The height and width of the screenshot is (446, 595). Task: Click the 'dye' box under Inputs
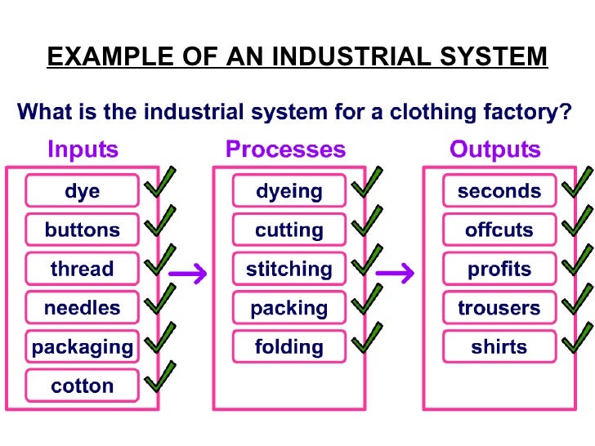pyautogui.click(x=83, y=191)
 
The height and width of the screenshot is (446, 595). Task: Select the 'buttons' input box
pyautogui.click(x=83, y=230)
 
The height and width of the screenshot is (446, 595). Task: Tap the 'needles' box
pyautogui.click(x=83, y=308)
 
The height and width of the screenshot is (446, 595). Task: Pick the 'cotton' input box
pyautogui.click(x=83, y=386)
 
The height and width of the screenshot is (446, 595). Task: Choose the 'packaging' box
pyautogui.click(x=83, y=347)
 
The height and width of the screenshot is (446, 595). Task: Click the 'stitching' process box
pyautogui.click(x=289, y=269)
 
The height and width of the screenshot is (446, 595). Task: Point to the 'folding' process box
pyautogui.click(x=289, y=347)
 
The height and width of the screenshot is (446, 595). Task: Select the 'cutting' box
pyautogui.click(x=289, y=230)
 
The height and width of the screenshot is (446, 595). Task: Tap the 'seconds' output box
pyautogui.click(x=499, y=191)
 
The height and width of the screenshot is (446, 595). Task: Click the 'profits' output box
pyautogui.click(x=499, y=269)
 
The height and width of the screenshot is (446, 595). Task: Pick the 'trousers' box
pyautogui.click(x=499, y=308)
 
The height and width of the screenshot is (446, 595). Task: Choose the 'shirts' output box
pyautogui.click(x=499, y=347)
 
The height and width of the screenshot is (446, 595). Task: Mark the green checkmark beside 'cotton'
pyautogui.click(x=161, y=377)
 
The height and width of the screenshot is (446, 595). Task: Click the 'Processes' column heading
pyautogui.click(x=285, y=149)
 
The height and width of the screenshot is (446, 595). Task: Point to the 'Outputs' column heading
pyautogui.click(x=495, y=149)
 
